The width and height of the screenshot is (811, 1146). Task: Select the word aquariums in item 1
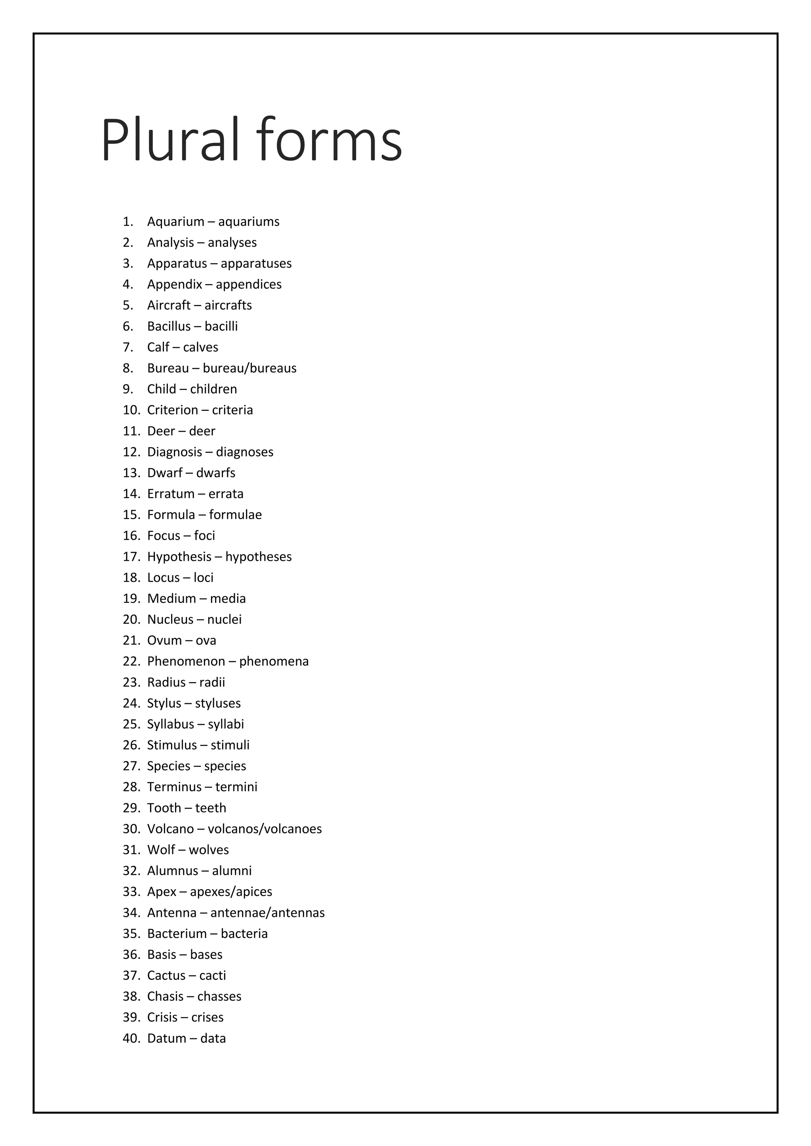249,222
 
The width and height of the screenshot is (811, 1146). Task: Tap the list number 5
128,305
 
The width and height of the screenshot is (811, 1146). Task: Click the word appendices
249,285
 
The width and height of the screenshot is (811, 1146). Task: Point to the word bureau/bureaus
250,368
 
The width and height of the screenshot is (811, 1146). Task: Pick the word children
214,389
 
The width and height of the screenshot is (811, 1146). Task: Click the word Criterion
172,410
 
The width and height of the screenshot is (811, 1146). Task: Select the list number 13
131,473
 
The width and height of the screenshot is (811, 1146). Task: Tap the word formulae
235,515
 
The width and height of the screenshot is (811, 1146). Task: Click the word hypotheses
258,557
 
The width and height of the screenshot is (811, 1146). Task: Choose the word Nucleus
170,620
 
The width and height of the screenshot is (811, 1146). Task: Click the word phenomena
274,662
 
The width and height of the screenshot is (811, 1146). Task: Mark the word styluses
218,704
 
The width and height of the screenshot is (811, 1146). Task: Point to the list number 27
131,766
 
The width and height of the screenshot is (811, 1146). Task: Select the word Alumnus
172,871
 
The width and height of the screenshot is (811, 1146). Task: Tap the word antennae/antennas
267,913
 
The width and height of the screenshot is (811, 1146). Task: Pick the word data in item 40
213,1039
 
